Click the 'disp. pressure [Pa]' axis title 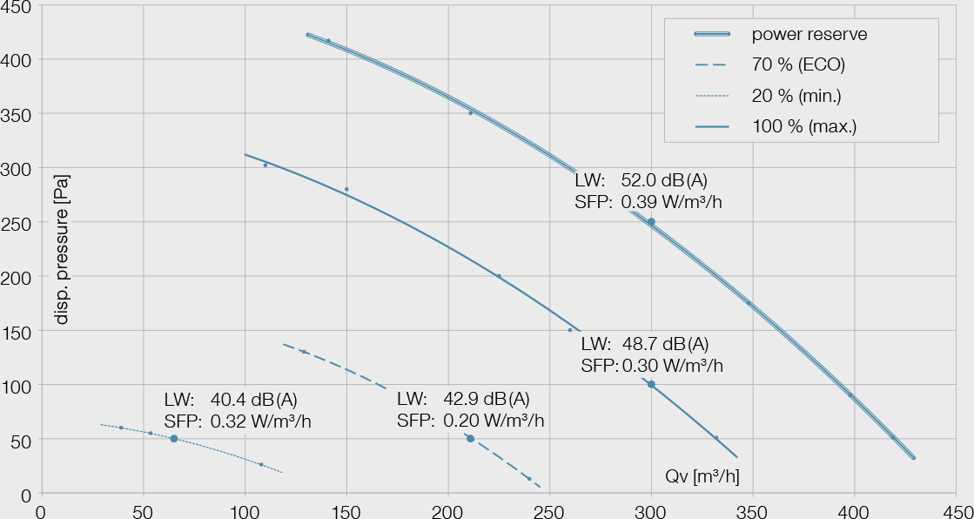pos(62,249)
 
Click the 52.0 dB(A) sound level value pos(664,181)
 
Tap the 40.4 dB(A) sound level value pos(254,401)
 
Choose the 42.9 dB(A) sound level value pos(487,400)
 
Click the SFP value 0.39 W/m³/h pos(672,203)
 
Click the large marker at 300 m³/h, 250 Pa pos(651,222)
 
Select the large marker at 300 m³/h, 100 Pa pos(651,384)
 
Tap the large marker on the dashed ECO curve pos(470,439)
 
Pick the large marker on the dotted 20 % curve pos(174,439)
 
